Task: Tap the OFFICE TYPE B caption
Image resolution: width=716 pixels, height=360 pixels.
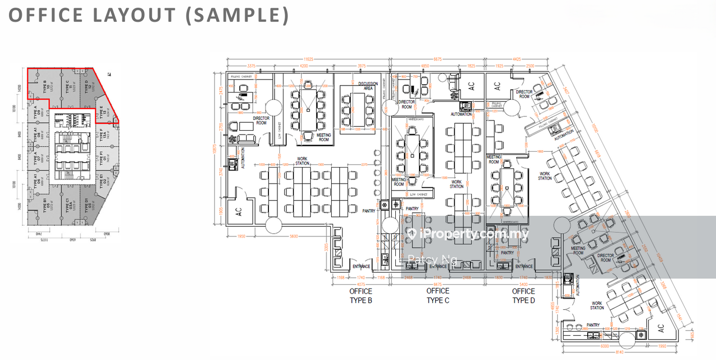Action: click(x=360, y=295)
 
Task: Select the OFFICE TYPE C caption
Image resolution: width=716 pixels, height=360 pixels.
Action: click(x=438, y=295)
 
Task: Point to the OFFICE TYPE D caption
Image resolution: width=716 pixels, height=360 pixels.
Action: click(x=524, y=295)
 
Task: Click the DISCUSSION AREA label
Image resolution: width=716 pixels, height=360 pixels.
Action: click(x=368, y=86)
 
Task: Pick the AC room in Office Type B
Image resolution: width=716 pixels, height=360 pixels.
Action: click(x=238, y=211)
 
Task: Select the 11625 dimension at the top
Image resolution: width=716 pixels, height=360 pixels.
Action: click(x=309, y=59)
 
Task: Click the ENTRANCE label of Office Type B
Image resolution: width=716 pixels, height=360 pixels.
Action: click(x=361, y=267)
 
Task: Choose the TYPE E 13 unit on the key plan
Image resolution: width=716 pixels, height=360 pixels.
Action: click(x=103, y=110)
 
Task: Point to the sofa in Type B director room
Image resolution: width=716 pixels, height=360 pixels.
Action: click(x=245, y=139)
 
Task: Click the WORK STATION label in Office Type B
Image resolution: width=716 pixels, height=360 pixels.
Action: click(x=302, y=161)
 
